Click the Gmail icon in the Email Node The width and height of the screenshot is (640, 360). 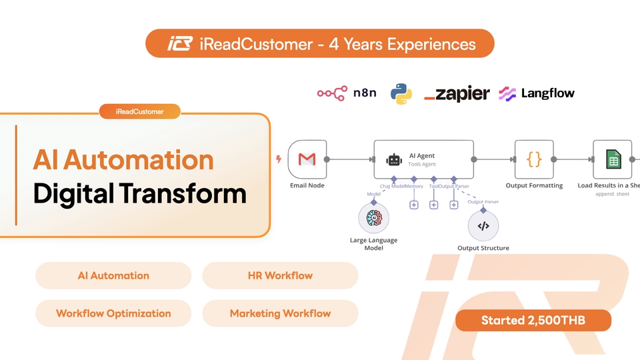[x=307, y=159]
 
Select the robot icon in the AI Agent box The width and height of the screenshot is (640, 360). [x=393, y=160]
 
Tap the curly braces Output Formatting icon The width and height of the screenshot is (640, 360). [x=534, y=159]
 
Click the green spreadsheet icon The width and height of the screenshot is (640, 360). [x=613, y=159]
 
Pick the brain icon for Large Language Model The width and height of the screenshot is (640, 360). [x=373, y=219]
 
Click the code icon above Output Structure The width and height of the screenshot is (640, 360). [x=483, y=226]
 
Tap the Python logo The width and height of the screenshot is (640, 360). [x=400, y=93]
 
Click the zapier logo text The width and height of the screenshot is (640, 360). [x=457, y=93]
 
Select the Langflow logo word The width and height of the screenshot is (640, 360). [x=547, y=93]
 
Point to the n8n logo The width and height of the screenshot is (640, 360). [x=347, y=93]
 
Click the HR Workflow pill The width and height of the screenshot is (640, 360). [x=280, y=275]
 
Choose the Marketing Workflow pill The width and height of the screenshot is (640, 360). [x=280, y=313]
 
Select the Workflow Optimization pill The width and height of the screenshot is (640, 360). [x=113, y=313]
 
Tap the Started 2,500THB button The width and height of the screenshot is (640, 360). [x=533, y=321]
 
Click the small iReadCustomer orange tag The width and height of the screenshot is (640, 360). [x=140, y=112]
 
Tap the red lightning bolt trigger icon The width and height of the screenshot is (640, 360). [x=278, y=159]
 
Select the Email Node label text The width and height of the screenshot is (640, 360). [x=307, y=185]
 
